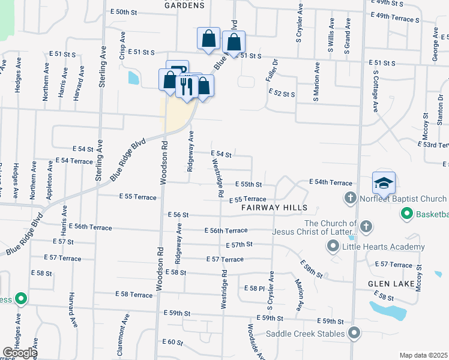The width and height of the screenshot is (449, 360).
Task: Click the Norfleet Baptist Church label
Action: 403,199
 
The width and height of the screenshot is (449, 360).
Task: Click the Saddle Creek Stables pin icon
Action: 355,333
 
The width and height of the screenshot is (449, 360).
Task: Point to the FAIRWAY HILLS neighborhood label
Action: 274,208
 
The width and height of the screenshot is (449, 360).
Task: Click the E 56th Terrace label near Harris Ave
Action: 90,227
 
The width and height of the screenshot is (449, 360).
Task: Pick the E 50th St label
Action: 124,12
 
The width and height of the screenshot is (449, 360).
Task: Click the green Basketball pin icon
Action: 406,214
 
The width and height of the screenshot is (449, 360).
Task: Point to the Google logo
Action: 20,353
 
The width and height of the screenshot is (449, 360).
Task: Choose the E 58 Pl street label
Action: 254,289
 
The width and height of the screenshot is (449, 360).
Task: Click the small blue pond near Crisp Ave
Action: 133,78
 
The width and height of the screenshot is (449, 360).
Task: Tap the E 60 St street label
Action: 172,342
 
